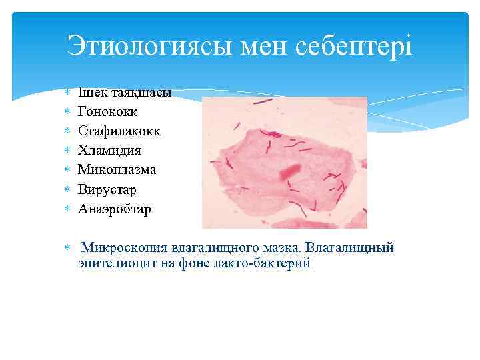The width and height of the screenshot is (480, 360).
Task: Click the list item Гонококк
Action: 107,112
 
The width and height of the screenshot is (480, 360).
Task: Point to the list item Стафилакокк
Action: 119,131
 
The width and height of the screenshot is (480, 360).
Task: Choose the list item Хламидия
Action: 109,151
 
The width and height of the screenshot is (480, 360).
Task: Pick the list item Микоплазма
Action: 117,170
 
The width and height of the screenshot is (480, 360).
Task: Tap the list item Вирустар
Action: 107,190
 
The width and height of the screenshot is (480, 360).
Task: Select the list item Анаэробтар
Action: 114,209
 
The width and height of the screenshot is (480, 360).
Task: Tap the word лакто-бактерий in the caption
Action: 267,263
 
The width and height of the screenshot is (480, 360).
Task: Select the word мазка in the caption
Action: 280,248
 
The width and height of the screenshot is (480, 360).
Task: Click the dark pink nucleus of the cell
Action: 289,171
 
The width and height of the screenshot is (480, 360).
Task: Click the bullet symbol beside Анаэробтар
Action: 67,210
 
